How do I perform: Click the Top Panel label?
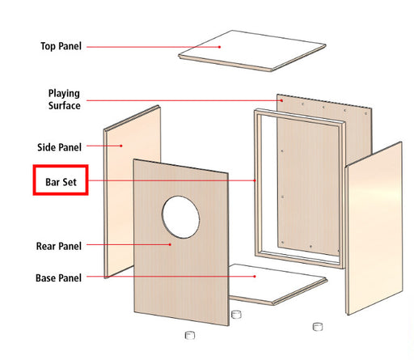(61, 46)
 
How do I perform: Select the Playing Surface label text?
(64, 100)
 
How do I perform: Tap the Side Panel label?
(59, 147)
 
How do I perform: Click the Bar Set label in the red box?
(61, 182)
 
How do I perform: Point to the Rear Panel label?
(59, 246)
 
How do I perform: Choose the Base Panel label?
(58, 277)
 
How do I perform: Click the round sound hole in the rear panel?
(180, 217)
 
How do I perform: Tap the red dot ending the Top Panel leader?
(220, 47)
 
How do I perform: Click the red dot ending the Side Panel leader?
(121, 146)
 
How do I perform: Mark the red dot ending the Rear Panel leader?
(170, 244)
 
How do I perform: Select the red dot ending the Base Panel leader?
(255, 277)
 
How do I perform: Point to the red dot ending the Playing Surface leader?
(281, 100)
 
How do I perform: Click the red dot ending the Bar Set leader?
(255, 180)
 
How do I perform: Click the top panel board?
(252, 51)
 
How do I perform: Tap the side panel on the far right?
(374, 228)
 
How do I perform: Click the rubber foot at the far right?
(318, 327)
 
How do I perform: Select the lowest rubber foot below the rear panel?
(190, 335)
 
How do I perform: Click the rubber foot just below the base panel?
(236, 314)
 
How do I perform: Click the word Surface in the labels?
(64, 105)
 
